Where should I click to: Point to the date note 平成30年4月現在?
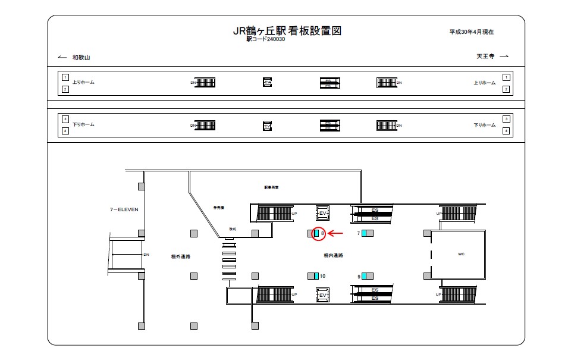click(x=472, y=32)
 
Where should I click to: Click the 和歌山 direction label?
click(x=81, y=57)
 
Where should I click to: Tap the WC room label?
click(x=460, y=254)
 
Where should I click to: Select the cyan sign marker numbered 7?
click(x=363, y=233)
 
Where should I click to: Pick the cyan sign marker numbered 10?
click(x=316, y=276)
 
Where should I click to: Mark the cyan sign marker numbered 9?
click(x=363, y=276)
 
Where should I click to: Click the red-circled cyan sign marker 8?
click(x=316, y=233)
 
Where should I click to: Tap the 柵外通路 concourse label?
click(x=171, y=256)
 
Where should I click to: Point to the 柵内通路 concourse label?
click(x=333, y=255)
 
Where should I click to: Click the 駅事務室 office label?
click(x=271, y=187)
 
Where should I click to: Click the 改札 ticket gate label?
click(x=233, y=229)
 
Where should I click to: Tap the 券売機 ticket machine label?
click(x=219, y=208)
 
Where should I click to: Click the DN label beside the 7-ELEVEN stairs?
click(x=146, y=255)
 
